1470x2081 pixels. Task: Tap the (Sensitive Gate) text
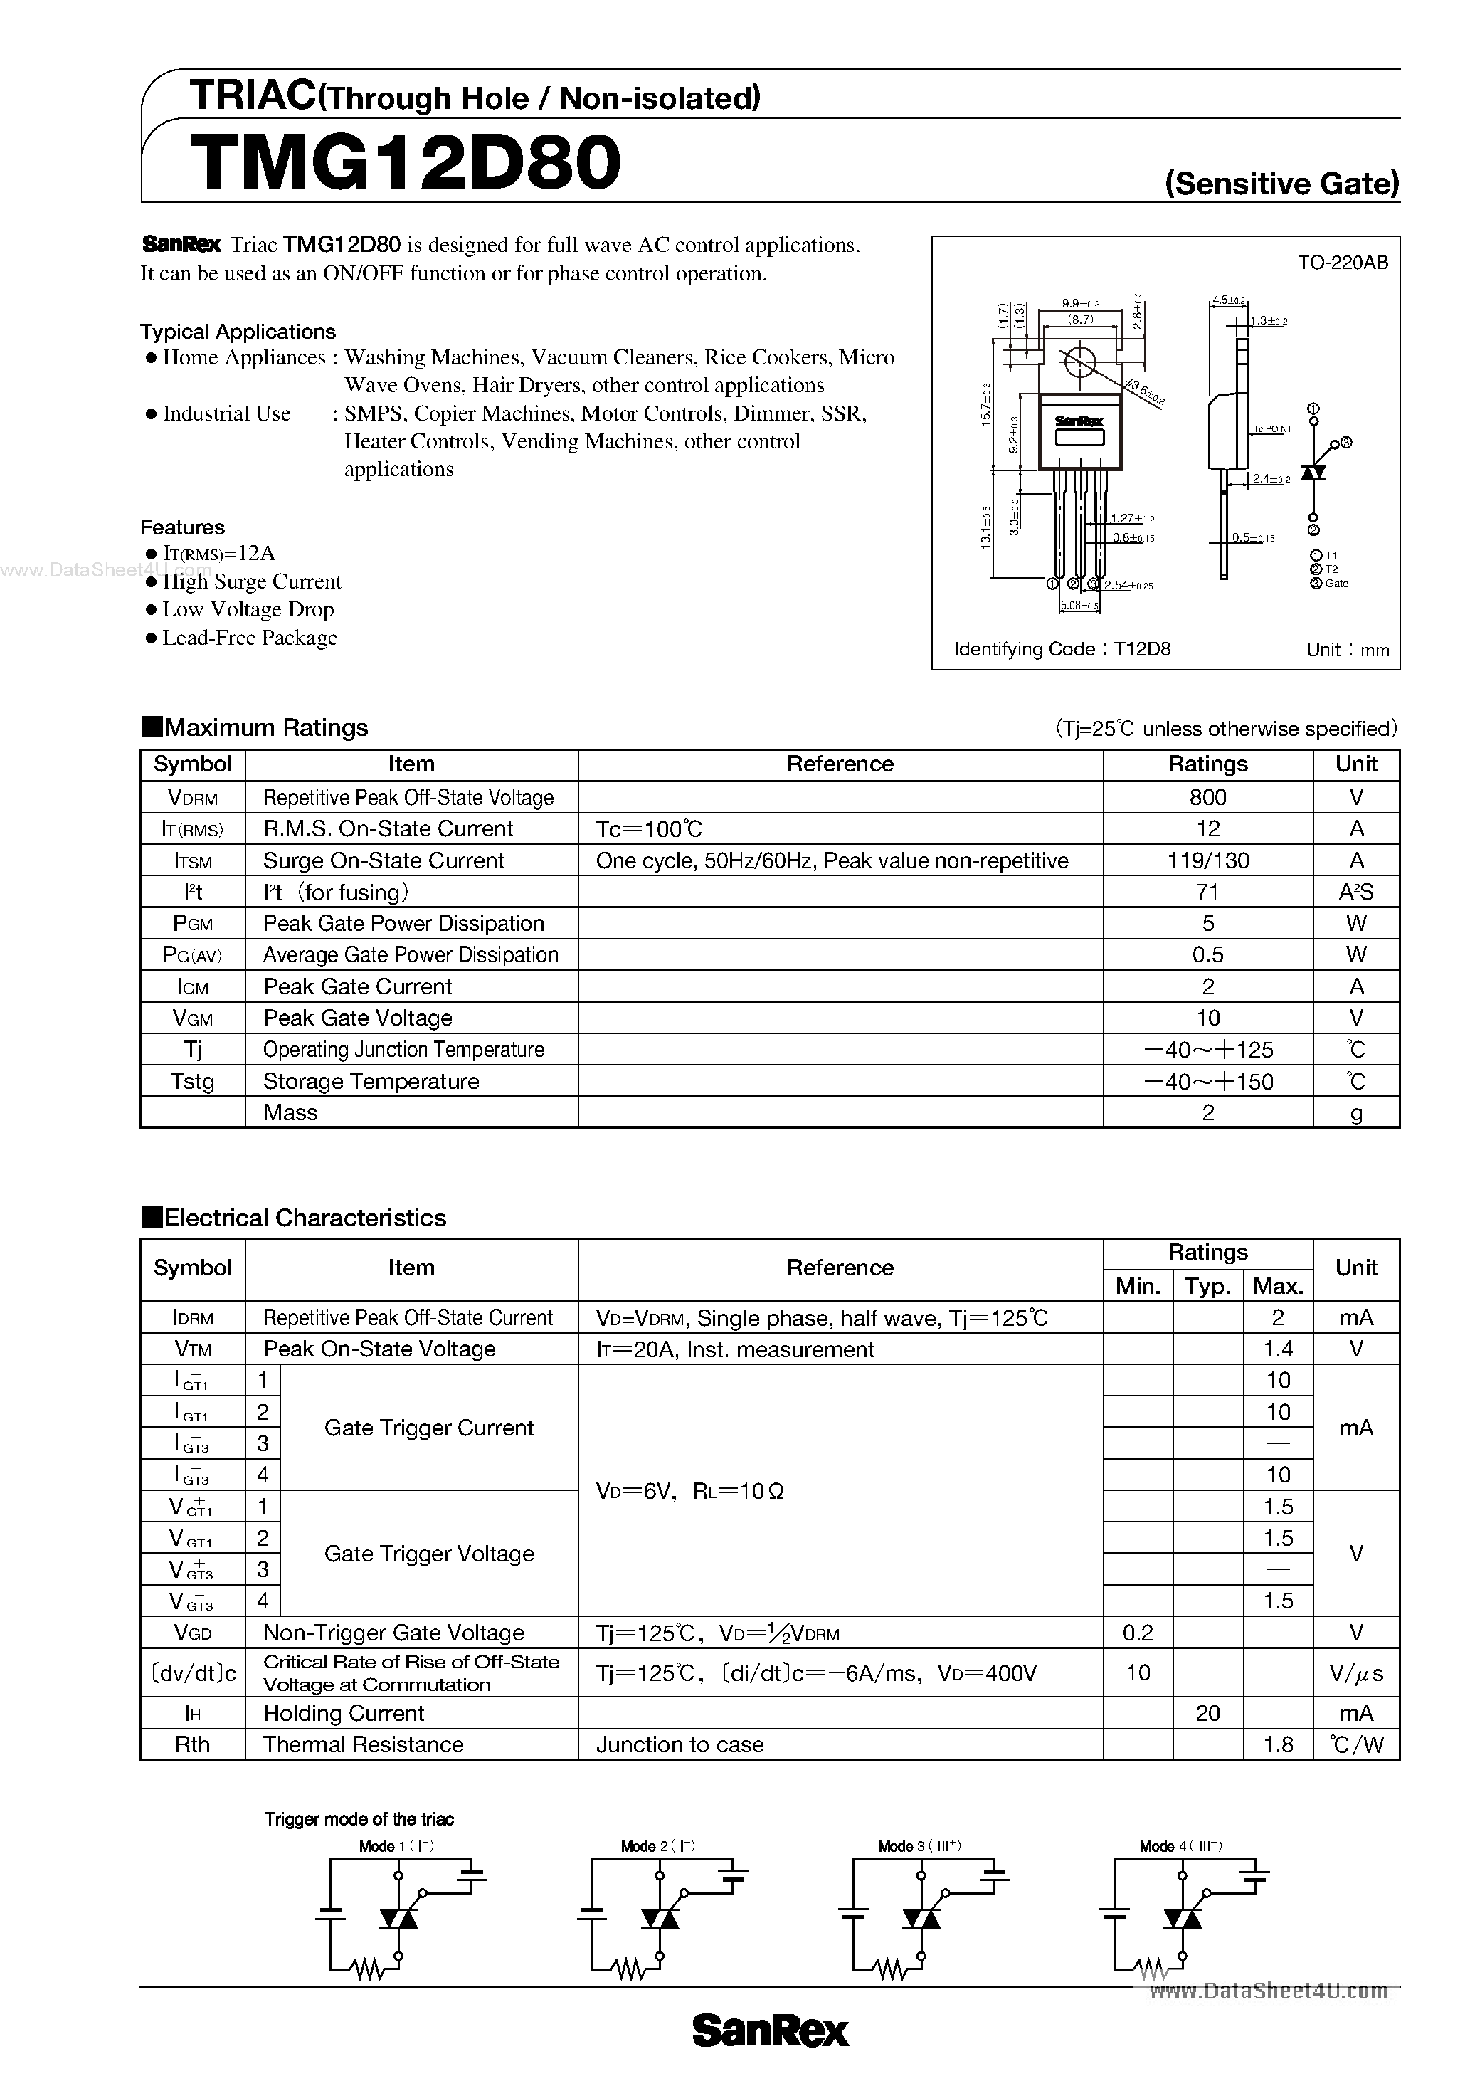coord(1281,184)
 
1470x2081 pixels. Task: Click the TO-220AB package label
coord(1342,263)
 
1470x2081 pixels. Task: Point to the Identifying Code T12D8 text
coord(1062,649)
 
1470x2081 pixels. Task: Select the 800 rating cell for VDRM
coord(1207,798)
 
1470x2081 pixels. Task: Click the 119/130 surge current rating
coord(1207,861)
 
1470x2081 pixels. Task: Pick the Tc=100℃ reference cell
coord(649,829)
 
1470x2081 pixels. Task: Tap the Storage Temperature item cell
coord(371,1081)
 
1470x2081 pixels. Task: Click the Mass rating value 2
coord(1207,1113)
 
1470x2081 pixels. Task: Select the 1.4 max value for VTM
coord(1278,1349)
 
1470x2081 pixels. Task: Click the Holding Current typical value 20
coord(1207,1714)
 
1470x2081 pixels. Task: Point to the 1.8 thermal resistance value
coord(1278,1745)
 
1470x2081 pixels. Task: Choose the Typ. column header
coord(1207,1286)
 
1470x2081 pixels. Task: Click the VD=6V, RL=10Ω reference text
coord(689,1491)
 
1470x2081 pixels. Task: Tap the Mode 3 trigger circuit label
coord(919,1846)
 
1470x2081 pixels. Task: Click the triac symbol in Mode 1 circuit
coord(397,1918)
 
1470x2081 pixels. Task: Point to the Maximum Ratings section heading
coord(265,728)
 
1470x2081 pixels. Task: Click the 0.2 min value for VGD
coord(1138,1633)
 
